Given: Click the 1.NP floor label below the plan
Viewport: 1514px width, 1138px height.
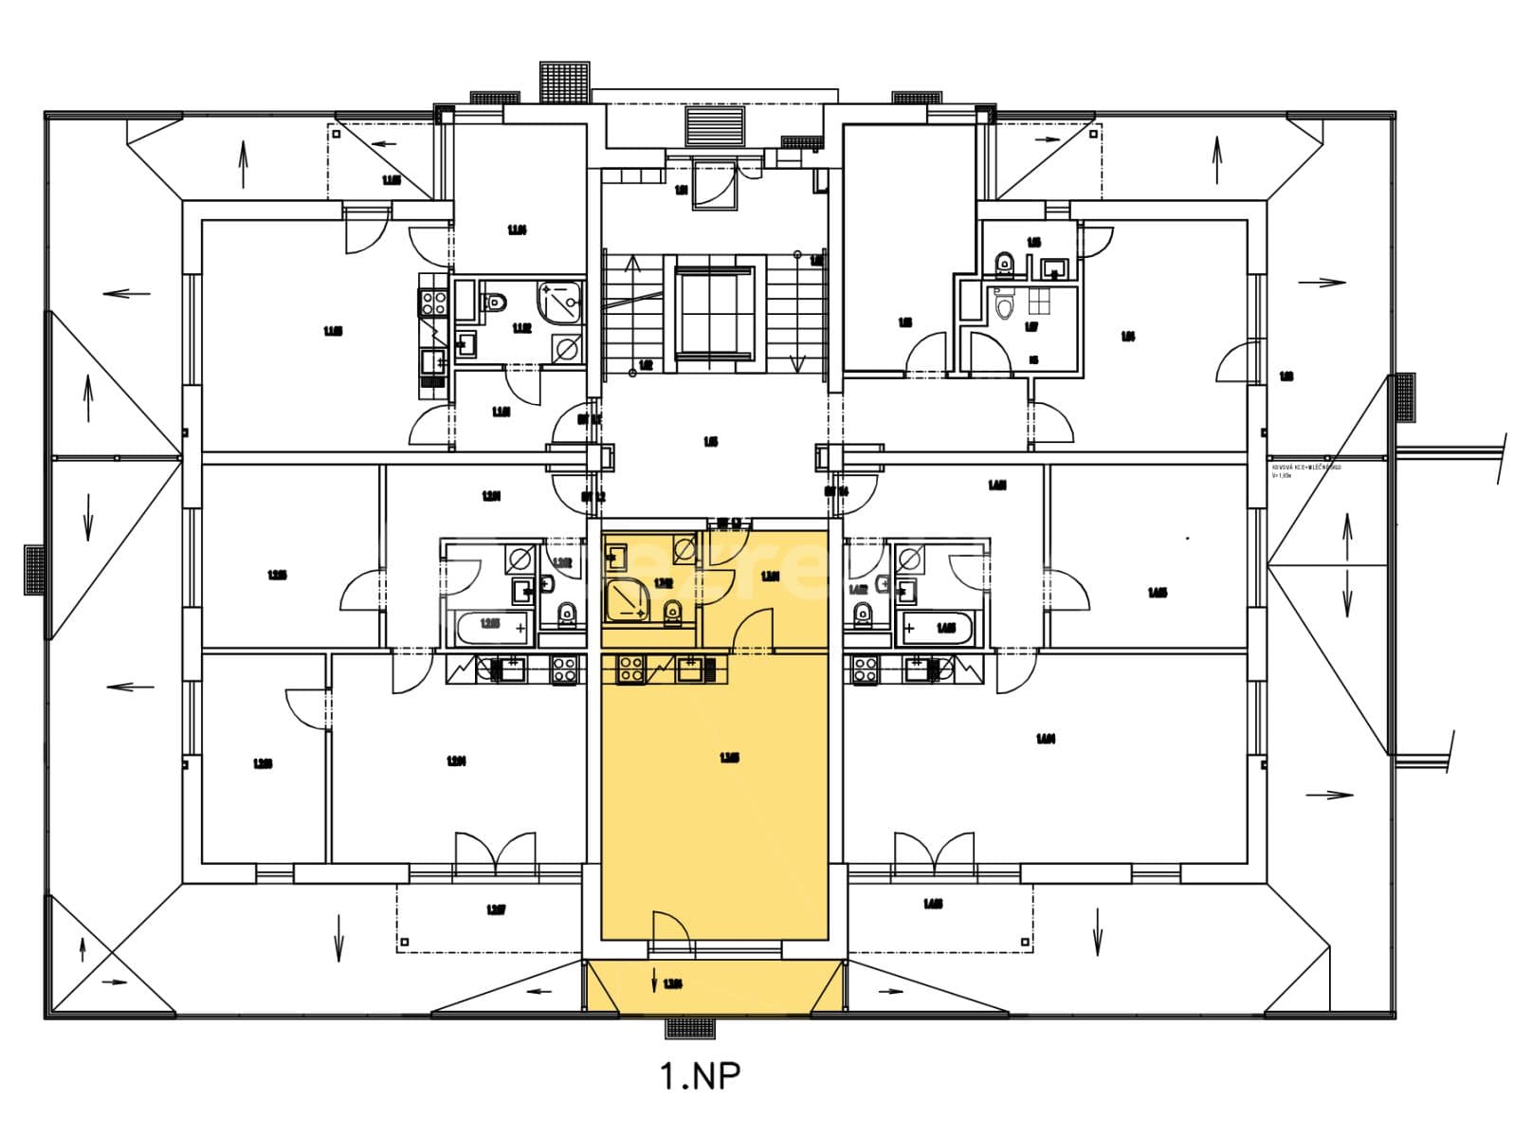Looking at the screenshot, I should pos(700,1075).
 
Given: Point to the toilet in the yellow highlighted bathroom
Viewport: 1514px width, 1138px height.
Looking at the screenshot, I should pos(672,614).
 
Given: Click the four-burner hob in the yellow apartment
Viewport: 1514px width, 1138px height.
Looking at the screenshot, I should pos(630,670).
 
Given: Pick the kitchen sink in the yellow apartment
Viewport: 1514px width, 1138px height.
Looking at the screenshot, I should pos(690,670).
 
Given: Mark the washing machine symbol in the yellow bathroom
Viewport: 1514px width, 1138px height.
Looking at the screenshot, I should pos(685,548).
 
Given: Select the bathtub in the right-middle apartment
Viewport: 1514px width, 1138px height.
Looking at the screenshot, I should pos(936,628).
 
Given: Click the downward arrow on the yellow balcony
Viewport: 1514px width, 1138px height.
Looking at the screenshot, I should pos(654,982).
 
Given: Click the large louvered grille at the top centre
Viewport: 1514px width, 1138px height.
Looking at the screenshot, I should pos(716,126).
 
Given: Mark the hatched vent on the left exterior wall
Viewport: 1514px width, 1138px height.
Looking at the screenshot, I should pos(34,570).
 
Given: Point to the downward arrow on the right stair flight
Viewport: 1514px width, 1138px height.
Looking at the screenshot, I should pos(797,362).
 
